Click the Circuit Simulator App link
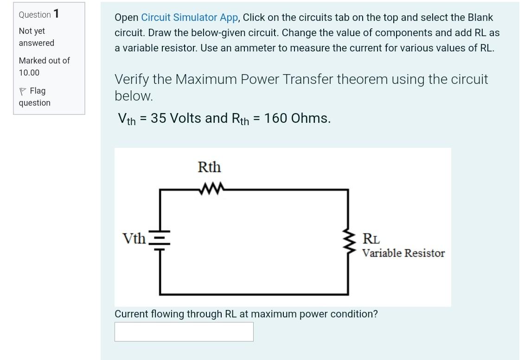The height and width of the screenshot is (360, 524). [x=190, y=18]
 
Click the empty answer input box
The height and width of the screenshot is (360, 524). [x=184, y=332]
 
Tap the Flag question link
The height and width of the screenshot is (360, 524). [x=34, y=96]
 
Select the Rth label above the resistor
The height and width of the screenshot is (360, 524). [x=209, y=167]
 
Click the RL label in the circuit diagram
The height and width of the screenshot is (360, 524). [x=371, y=240]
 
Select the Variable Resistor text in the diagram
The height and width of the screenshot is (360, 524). [x=403, y=253]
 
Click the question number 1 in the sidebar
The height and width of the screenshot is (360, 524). [x=56, y=14]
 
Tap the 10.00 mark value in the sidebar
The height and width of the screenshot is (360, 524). [x=29, y=72]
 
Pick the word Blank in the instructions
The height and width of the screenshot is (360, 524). [x=480, y=18]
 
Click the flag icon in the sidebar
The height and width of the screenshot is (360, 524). [x=22, y=91]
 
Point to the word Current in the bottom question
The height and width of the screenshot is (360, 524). [x=131, y=314]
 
